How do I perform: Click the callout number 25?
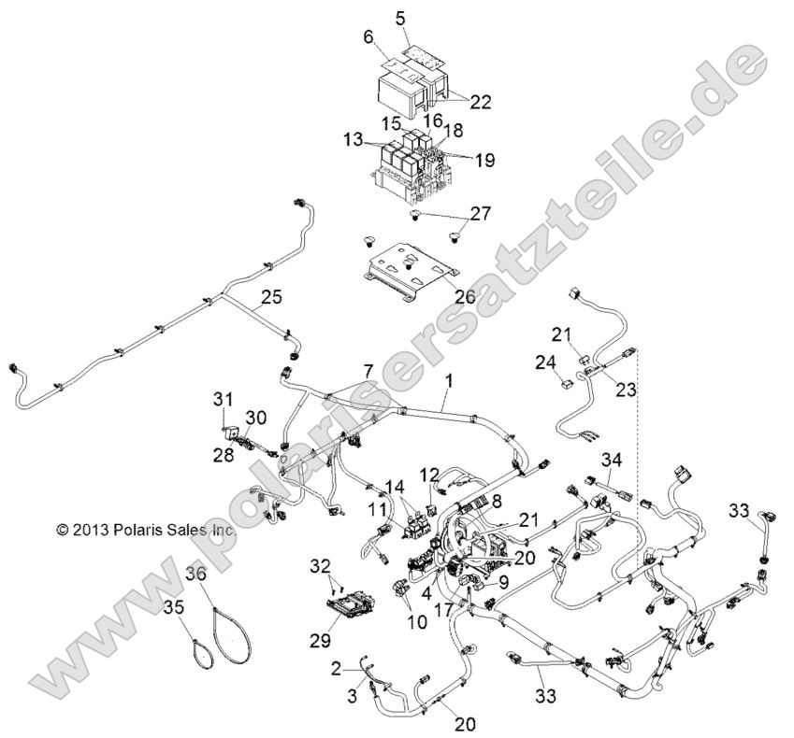[270, 298]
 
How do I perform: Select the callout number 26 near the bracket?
[463, 299]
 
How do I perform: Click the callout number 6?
[368, 36]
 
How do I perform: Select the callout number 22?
[479, 102]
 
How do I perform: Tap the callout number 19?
[484, 160]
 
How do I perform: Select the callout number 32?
[321, 565]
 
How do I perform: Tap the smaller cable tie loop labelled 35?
[201, 649]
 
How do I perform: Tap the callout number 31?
[222, 400]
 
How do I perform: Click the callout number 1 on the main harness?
[449, 381]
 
